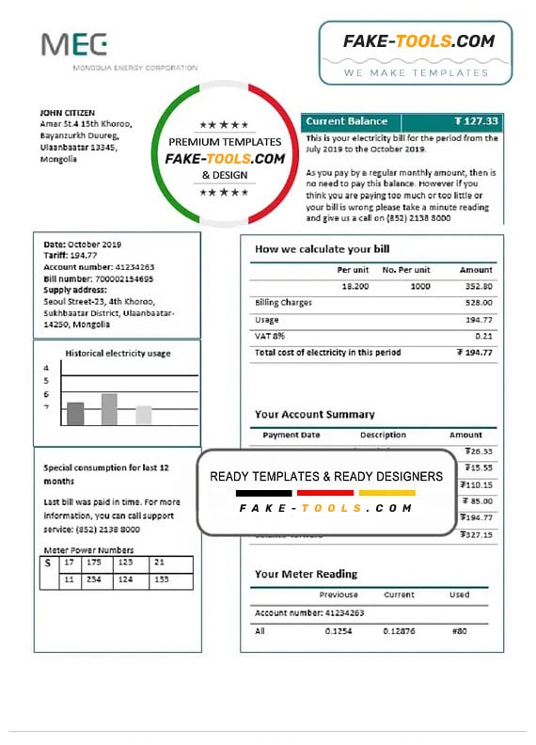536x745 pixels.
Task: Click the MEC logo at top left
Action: [x=74, y=45]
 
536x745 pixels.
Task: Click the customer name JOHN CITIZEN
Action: [x=68, y=112]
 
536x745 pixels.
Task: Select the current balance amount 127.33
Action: [x=476, y=121]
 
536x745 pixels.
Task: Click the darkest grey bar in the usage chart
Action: [x=75, y=414]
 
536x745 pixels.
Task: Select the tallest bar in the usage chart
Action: [x=109, y=409]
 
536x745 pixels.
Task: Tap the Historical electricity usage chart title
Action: [x=118, y=354]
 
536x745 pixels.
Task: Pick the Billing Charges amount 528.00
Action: [x=477, y=303]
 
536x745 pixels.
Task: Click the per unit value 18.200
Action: [x=355, y=286]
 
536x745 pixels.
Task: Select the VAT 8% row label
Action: [x=269, y=336]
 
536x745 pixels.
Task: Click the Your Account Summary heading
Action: [x=314, y=414]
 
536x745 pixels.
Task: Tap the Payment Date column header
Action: [x=292, y=436]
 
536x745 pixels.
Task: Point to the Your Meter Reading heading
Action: [x=306, y=574]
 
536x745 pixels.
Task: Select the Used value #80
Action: [x=459, y=631]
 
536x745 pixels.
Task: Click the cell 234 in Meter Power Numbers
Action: [x=92, y=580]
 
